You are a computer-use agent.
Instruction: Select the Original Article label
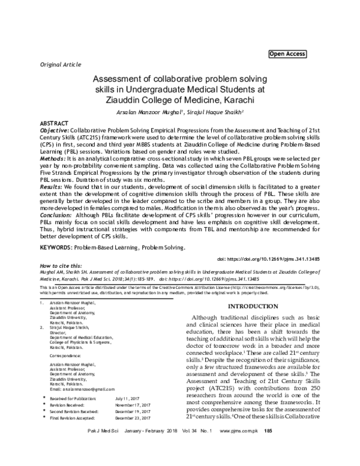tap(61, 63)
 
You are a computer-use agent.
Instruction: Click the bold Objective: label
tap(54, 129)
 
